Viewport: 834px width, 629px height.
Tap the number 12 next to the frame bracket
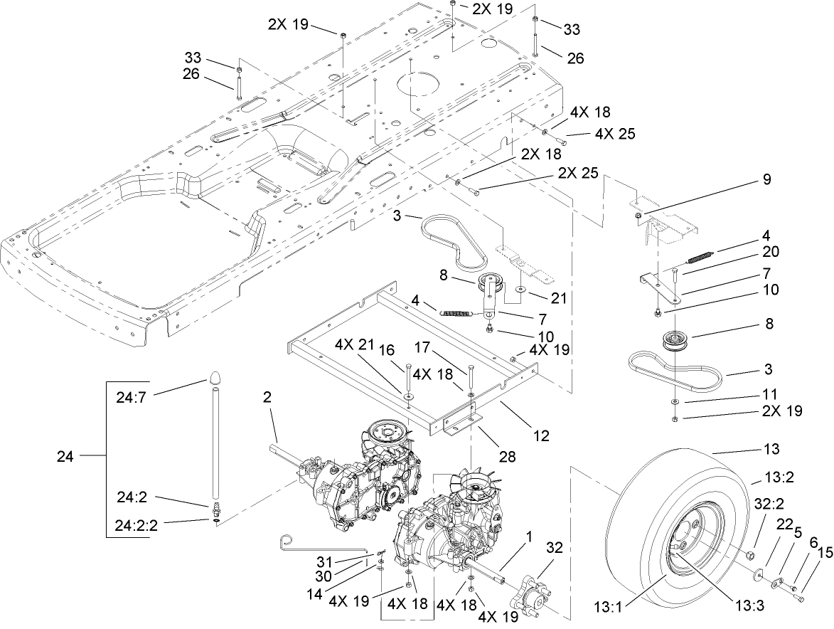(x=541, y=435)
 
